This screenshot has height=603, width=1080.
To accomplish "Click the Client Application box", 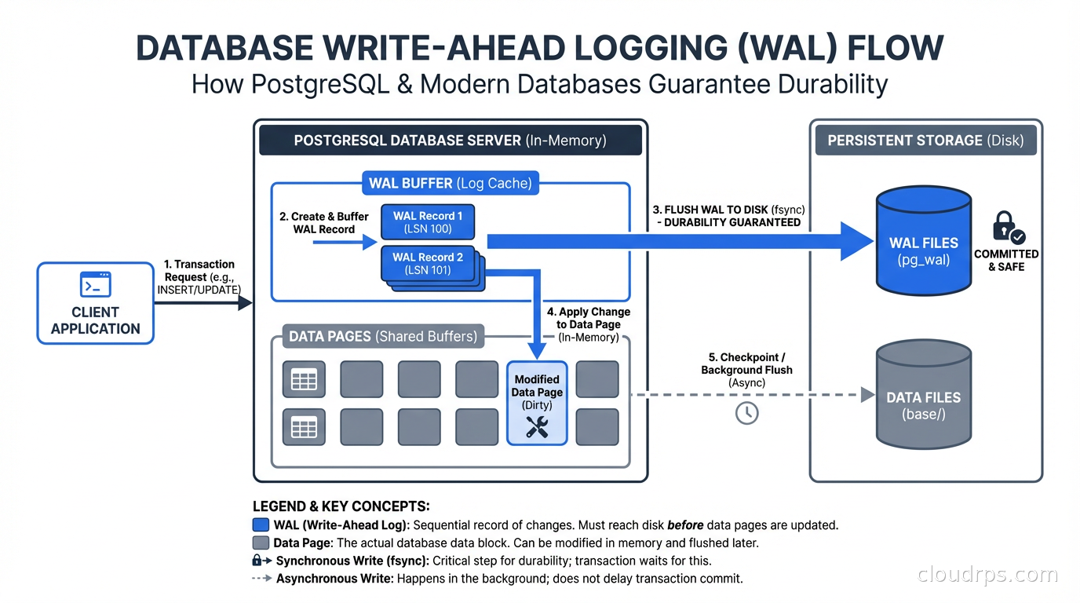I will click(x=96, y=303).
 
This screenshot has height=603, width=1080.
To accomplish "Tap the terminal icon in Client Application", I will click(x=96, y=283).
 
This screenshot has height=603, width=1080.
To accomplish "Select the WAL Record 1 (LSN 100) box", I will click(x=428, y=222).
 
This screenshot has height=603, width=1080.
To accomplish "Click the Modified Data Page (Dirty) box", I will click(x=537, y=403).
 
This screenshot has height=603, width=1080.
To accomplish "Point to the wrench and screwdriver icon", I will click(x=537, y=426).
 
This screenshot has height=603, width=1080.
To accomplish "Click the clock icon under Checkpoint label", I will click(x=746, y=412).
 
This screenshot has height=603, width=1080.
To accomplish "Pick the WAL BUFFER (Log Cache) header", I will click(x=451, y=184).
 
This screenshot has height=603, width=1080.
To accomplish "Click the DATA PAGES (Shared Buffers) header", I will click(x=383, y=336).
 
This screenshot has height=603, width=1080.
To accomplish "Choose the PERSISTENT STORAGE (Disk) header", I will click(x=925, y=141).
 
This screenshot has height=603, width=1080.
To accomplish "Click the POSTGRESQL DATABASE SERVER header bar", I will click(x=450, y=141).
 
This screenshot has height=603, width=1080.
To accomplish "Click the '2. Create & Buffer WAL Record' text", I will click(x=324, y=222).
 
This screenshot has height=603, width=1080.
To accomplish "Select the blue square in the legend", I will click(x=261, y=525).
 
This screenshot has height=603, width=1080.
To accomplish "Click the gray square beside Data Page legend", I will click(x=261, y=543).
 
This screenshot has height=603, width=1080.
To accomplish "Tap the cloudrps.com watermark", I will click(x=987, y=575).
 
